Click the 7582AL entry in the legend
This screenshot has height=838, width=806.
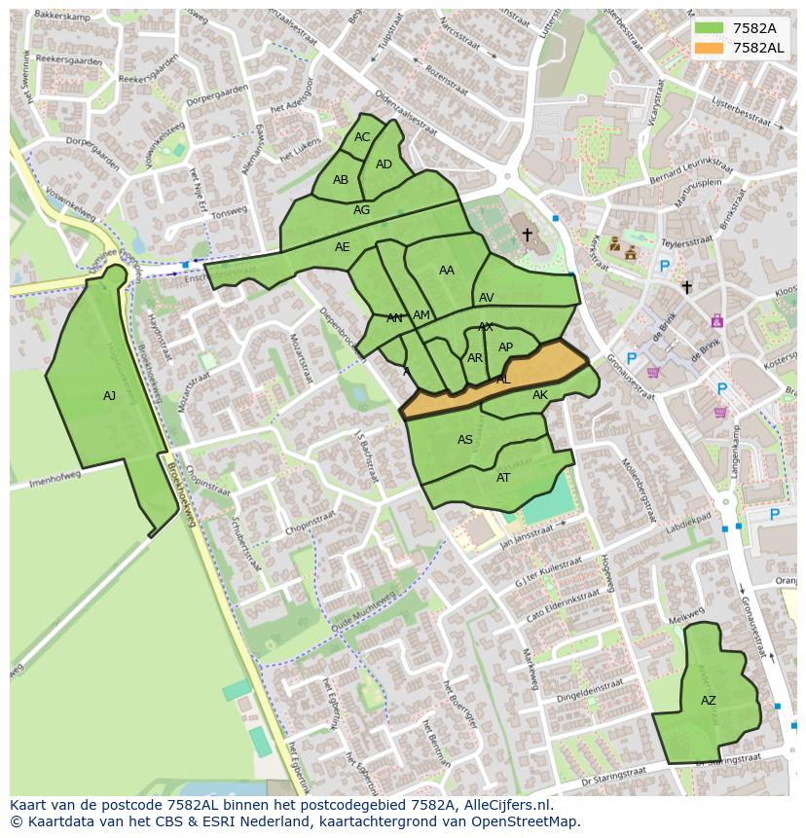(757, 48)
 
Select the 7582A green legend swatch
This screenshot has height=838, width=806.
(710, 28)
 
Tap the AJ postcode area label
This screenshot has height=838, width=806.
(109, 396)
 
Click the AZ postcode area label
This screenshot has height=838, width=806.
(708, 701)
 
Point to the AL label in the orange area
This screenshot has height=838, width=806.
(503, 380)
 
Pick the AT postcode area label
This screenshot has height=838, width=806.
(503, 478)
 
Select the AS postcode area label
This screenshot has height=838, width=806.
(465, 440)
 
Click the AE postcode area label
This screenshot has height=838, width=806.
(342, 247)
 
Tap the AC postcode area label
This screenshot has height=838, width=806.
(362, 137)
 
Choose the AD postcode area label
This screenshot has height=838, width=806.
(384, 164)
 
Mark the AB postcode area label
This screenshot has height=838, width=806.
(341, 180)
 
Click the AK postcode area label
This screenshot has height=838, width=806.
(540, 395)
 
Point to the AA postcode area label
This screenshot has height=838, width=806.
(447, 271)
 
